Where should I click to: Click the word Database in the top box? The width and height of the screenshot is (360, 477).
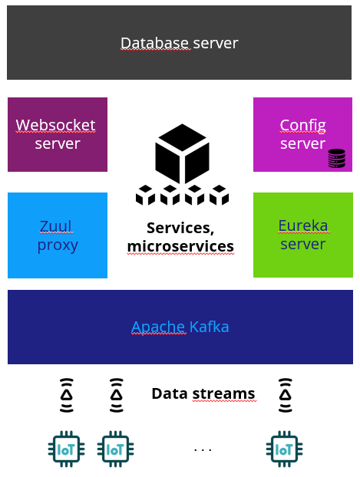click(156, 43)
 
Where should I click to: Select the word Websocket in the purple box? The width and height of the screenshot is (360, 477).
click(55, 125)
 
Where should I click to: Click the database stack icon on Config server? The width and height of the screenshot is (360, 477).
click(336, 158)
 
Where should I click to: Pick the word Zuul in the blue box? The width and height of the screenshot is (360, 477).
click(56, 226)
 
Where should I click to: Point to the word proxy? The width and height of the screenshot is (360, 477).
click(58, 245)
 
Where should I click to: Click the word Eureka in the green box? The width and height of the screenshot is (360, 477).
click(303, 225)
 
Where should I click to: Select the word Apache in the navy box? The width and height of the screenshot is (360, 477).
click(158, 327)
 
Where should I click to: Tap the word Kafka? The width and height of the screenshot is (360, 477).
click(209, 327)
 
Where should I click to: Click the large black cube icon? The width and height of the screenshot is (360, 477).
click(182, 153)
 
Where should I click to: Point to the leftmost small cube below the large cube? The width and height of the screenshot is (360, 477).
click(145, 195)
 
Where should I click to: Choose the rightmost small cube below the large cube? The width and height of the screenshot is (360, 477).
click(219, 195)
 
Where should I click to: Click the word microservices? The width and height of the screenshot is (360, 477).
click(180, 246)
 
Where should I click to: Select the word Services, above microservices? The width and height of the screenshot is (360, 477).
click(180, 228)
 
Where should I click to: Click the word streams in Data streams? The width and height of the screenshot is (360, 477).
click(223, 393)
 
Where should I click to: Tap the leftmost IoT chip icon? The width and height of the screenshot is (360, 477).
click(66, 449)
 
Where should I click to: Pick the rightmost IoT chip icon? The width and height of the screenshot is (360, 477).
click(285, 449)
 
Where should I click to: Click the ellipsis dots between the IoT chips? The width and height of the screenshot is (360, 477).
click(203, 449)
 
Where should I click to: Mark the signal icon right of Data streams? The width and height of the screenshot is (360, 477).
click(286, 395)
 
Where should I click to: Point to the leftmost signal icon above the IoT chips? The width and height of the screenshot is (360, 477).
click(67, 395)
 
